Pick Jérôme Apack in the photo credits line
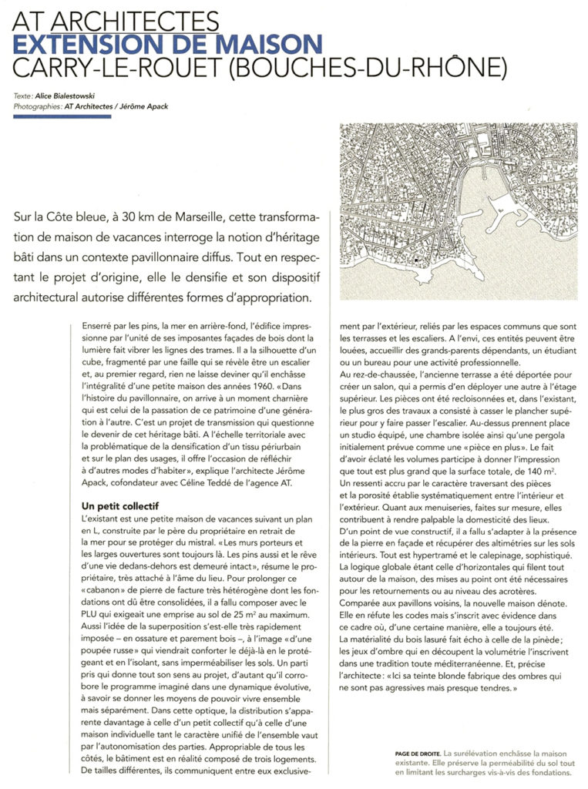pyautogui.click(x=145, y=107)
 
